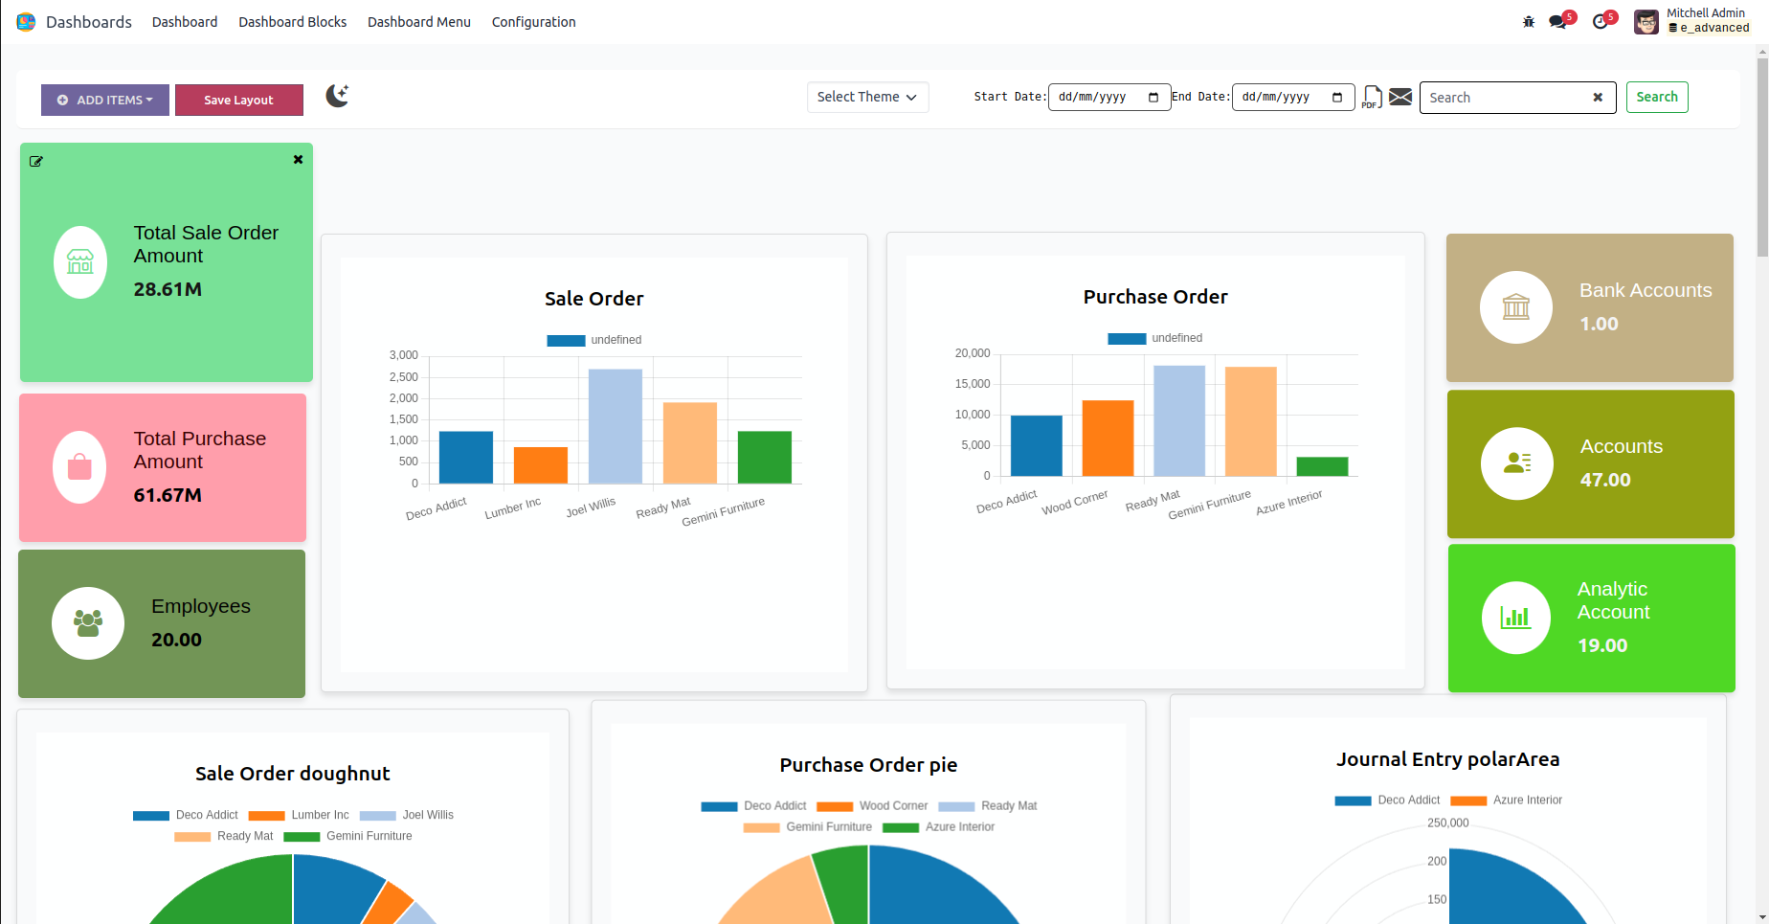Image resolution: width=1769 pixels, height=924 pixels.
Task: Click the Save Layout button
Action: point(238,100)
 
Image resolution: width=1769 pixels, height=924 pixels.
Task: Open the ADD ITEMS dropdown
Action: point(105,100)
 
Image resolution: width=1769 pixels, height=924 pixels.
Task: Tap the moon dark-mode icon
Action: point(337,96)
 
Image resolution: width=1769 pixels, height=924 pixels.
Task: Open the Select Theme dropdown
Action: point(867,97)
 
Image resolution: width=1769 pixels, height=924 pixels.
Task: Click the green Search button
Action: point(1656,97)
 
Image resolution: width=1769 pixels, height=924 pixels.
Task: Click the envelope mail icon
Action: point(1400,97)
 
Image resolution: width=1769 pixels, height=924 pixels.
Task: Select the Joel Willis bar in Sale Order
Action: point(616,426)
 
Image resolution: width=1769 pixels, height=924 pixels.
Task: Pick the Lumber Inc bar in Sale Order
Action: point(541,465)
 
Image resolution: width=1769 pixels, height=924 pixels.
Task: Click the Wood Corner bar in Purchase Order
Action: point(1108,438)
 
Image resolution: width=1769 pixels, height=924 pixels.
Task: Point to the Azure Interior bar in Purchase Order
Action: point(1322,466)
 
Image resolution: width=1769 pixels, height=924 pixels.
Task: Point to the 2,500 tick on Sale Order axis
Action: point(404,377)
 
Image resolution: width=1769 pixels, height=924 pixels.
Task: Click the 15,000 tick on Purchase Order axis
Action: point(973,384)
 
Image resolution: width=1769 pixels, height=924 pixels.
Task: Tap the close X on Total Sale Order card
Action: point(298,160)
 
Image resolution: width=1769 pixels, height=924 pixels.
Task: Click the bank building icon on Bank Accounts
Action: point(1516,307)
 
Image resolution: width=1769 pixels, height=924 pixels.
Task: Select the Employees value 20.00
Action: point(177,640)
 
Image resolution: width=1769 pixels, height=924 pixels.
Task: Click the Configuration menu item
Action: point(533,22)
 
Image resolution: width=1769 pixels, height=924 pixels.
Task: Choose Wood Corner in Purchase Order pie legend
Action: point(893,806)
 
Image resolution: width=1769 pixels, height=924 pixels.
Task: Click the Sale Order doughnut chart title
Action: point(293,774)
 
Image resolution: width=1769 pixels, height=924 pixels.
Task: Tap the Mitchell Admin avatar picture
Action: point(1646,21)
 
